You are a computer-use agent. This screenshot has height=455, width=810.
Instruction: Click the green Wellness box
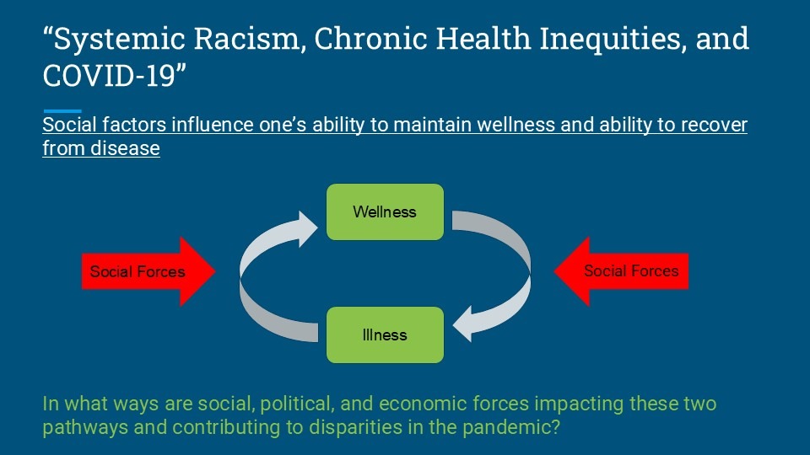click(x=385, y=212)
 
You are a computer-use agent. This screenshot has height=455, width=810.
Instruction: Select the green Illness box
click(x=385, y=335)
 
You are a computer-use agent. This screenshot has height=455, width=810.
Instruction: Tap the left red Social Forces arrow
click(x=148, y=271)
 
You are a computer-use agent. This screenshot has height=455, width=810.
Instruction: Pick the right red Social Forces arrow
click(x=621, y=271)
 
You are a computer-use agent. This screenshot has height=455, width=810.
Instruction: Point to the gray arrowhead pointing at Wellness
click(x=305, y=228)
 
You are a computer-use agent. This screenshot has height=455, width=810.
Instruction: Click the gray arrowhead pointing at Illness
click(x=464, y=324)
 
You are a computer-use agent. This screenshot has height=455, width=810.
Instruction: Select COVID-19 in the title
click(x=110, y=76)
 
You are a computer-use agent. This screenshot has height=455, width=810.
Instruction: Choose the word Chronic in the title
click(x=370, y=39)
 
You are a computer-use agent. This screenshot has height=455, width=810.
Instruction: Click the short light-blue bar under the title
click(x=62, y=111)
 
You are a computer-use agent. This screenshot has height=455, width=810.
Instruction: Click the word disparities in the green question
click(x=355, y=427)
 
